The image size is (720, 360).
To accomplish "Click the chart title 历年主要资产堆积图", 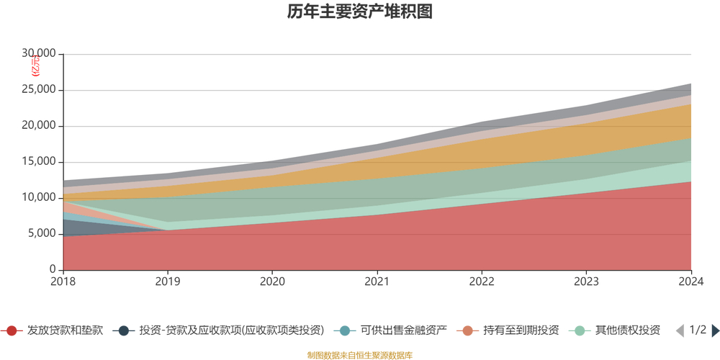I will [359, 12].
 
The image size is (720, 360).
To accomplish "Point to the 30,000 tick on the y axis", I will [39, 54].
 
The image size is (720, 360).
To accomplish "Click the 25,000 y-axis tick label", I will [39, 90].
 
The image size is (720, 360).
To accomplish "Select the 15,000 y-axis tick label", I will [39, 162].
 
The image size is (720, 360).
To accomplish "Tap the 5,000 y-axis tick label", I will [42, 233].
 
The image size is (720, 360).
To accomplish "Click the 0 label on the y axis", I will [53, 269].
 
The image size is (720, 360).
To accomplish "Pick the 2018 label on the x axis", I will [63, 282].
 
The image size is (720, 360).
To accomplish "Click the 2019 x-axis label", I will [168, 282].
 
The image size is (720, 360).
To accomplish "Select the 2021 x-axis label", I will [377, 282].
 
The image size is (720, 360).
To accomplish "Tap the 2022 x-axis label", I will [482, 282].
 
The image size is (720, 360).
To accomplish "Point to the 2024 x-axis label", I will [690, 282].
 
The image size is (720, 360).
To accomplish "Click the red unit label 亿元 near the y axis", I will [36, 66].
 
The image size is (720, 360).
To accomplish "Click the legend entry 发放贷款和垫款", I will [65, 330].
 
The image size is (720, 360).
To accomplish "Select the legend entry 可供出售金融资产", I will [403, 330].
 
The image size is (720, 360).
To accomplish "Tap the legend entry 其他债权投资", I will [627, 330].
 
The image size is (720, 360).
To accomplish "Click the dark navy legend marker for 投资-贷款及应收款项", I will [124, 330].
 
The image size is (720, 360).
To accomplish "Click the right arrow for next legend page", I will [715, 330].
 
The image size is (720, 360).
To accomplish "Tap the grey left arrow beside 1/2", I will [679, 330].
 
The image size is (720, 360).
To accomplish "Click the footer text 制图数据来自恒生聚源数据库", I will [359, 355].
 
